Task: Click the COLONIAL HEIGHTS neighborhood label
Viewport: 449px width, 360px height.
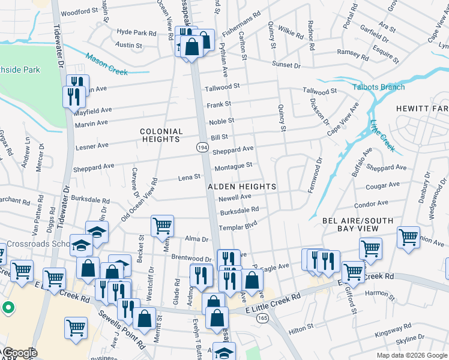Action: (161, 135)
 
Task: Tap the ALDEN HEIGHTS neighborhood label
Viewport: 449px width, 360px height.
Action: (242, 187)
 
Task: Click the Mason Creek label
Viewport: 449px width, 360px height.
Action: (106, 65)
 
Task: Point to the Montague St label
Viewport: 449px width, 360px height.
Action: (232, 166)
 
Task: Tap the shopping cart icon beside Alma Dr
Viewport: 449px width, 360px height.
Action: (162, 226)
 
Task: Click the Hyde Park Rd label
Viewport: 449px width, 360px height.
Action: (137, 31)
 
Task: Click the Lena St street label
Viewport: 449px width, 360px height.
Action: (188, 177)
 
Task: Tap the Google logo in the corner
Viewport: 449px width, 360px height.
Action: (19, 353)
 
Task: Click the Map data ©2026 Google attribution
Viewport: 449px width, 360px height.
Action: (412, 355)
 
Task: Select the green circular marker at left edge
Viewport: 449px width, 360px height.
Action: (8, 308)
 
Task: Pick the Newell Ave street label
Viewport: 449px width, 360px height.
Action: (234, 197)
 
